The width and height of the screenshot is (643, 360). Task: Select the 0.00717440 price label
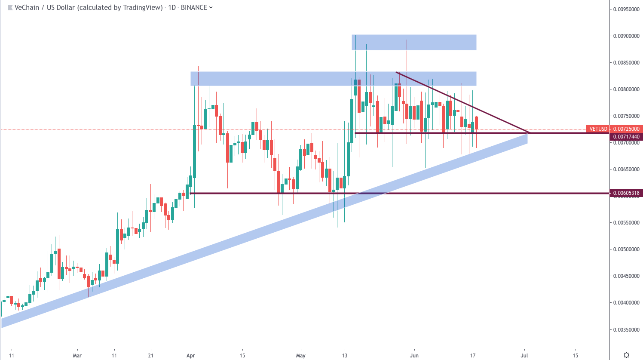[x=626, y=137]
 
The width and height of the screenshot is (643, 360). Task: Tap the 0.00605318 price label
[x=626, y=193]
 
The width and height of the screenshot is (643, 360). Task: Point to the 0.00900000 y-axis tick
[x=626, y=36]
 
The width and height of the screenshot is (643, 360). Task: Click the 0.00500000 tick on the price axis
[x=626, y=249]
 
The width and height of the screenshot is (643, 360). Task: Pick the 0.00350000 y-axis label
[x=626, y=330]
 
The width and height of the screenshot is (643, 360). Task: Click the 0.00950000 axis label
[x=626, y=9]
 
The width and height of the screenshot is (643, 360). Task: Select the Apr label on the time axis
[x=191, y=356]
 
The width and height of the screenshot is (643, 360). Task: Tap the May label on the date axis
[x=301, y=356]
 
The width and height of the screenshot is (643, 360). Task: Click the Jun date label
[x=414, y=356]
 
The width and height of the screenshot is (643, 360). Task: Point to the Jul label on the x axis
[x=524, y=356]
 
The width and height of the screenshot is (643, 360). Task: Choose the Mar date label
[x=77, y=356]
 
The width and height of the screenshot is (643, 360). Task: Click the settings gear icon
[x=626, y=355]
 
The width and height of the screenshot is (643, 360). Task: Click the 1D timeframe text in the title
[x=172, y=7]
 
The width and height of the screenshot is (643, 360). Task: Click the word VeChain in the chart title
[x=27, y=7]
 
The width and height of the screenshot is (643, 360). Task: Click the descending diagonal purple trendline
[x=462, y=102]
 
